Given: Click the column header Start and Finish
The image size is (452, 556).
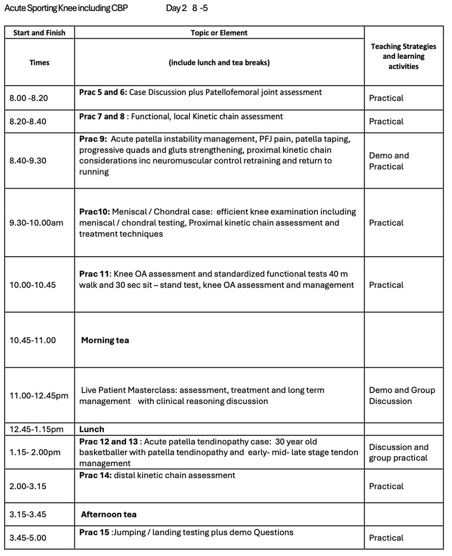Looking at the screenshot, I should point(39,32).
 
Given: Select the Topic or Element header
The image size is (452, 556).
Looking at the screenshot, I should point(219,32).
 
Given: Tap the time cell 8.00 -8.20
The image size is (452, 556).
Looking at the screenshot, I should point(29,98).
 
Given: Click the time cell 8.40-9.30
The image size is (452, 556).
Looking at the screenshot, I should point(28,161).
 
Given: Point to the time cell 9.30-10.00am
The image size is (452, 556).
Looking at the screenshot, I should point(36,223).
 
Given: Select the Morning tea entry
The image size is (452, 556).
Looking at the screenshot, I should point(105,340).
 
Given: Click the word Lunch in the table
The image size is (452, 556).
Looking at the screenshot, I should point(92,429).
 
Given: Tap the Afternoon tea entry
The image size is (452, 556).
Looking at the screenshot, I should point(109,514).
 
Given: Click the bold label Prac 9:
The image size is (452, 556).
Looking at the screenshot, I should point(93,139).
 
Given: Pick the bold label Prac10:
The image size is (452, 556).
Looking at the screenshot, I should point(94,212).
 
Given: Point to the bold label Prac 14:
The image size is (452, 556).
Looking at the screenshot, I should point(95,475).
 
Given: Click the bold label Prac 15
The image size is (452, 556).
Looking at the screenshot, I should point(94,532).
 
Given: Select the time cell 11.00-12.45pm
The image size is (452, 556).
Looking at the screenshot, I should point(39,396).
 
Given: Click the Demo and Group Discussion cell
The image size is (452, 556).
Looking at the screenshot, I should point(402,396).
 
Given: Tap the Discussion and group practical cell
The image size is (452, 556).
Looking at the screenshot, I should point(399,453).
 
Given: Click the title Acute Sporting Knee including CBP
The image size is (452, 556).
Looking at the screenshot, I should point(66,8).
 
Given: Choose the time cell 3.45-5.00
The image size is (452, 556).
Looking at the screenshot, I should point(28,537).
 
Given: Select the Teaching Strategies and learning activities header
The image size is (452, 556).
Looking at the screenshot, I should point(403,57).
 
